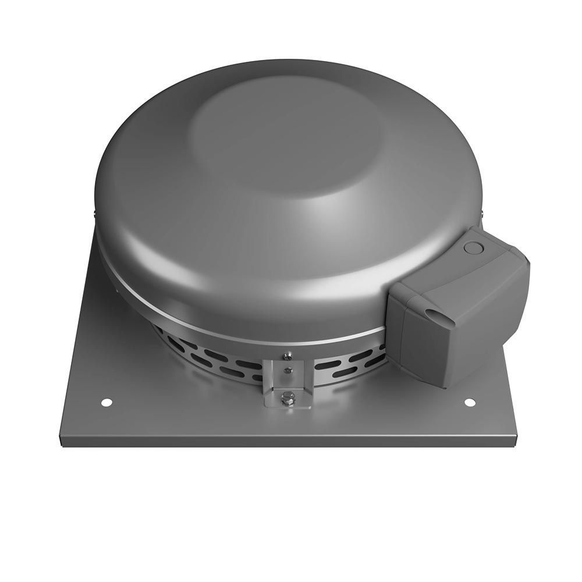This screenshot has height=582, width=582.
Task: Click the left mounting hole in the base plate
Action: click(x=106, y=402)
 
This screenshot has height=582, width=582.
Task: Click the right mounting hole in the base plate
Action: click(x=470, y=402)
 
